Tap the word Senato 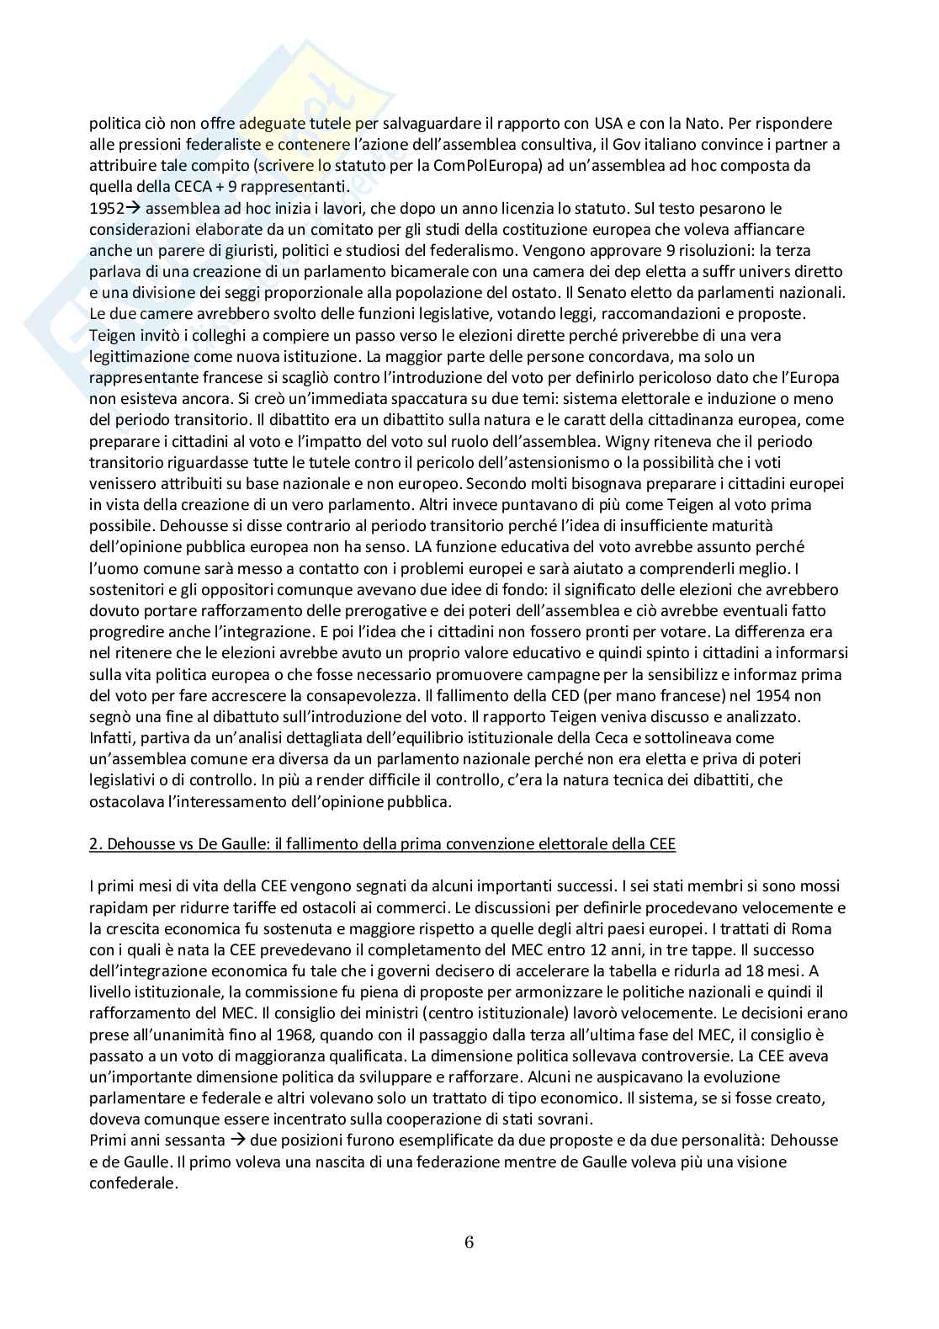pos(616,293)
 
